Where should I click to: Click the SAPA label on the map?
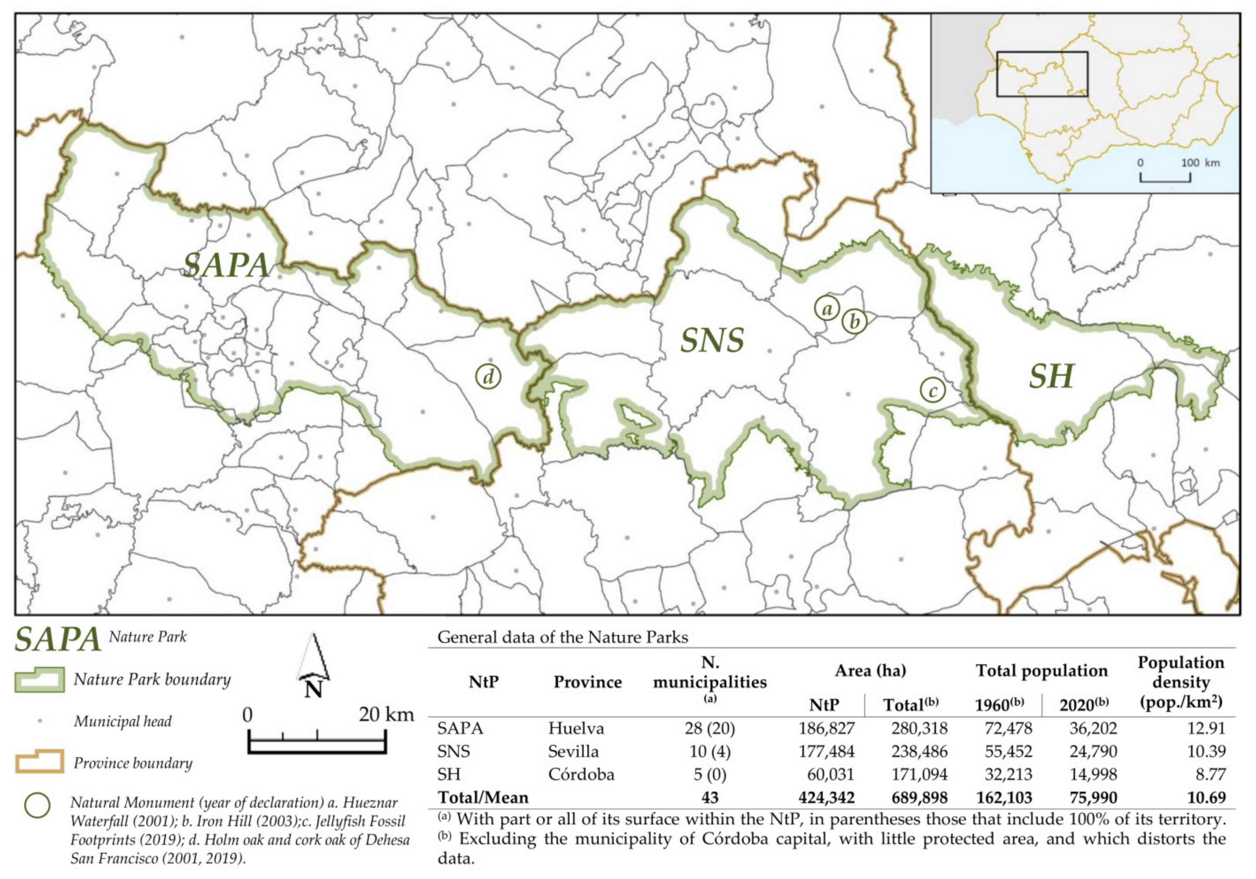(226, 265)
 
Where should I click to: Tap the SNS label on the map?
(712, 340)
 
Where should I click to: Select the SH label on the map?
(1051, 376)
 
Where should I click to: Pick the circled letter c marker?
(933, 390)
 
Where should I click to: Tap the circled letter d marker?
(488, 376)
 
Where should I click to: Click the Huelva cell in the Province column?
(576, 729)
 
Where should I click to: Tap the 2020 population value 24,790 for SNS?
(1093, 752)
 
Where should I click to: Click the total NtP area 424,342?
(826, 797)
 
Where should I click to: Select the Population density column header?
(1181, 682)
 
